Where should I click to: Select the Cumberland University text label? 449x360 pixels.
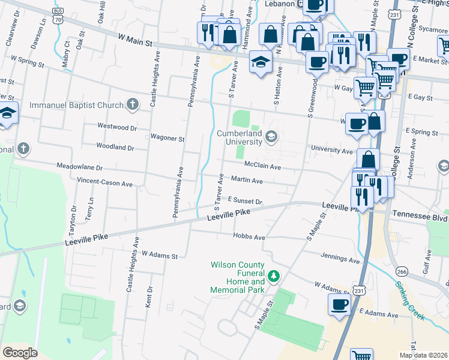[x=240, y=137]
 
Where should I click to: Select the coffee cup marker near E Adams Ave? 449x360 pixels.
[x=339, y=304]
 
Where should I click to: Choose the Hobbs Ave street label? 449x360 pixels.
[x=249, y=238]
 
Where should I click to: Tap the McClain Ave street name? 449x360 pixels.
[x=262, y=166]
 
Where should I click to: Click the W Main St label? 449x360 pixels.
[x=136, y=38]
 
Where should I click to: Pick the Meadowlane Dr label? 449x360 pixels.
[x=79, y=167]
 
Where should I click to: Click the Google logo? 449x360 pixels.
[x=20, y=353]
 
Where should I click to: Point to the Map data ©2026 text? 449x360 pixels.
[x=423, y=355]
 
